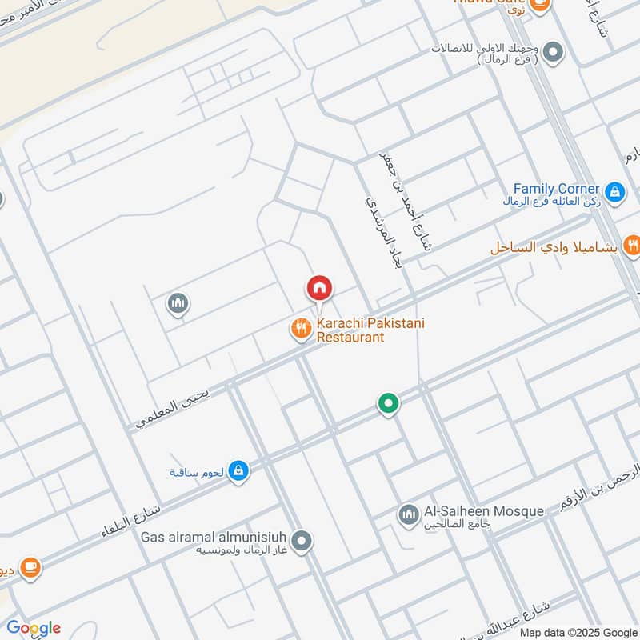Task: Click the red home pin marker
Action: click(x=319, y=287)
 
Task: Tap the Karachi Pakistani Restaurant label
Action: click(x=358, y=330)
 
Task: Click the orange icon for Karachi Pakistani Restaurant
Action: click(x=301, y=328)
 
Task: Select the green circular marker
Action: click(x=388, y=404)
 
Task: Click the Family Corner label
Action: click(x=557, y=189)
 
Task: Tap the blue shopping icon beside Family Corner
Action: click(x=614, y=191)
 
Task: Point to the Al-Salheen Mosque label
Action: click(x=483, y=511)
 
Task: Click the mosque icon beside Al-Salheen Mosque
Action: click(x=408, y=514)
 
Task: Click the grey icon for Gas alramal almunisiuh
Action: click(x=302, y=542)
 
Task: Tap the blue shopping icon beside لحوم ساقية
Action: click(x=238, y=471)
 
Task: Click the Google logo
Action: click(x=34, y=627)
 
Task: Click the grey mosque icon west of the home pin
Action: click(x=178, y=303)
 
